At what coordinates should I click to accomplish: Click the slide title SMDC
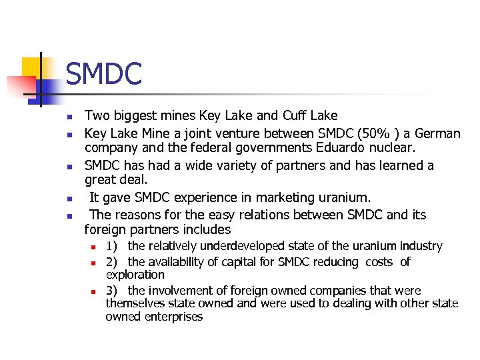click(104, 73)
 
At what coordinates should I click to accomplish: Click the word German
click(437, 133)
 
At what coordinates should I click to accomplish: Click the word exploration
click(135, 275)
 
